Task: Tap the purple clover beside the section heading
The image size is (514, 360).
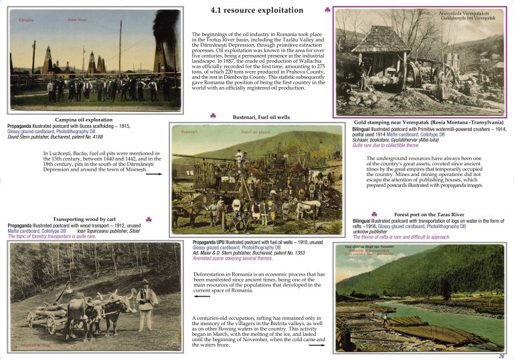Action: point(327,10)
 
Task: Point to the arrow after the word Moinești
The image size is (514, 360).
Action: point(153,173)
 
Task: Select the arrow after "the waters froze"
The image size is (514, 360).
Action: point(317,345)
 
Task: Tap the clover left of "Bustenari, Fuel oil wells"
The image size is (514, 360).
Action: point(213,116)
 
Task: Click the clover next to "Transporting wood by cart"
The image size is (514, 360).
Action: point(149,219)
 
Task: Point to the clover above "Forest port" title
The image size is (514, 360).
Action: point(374,213)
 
